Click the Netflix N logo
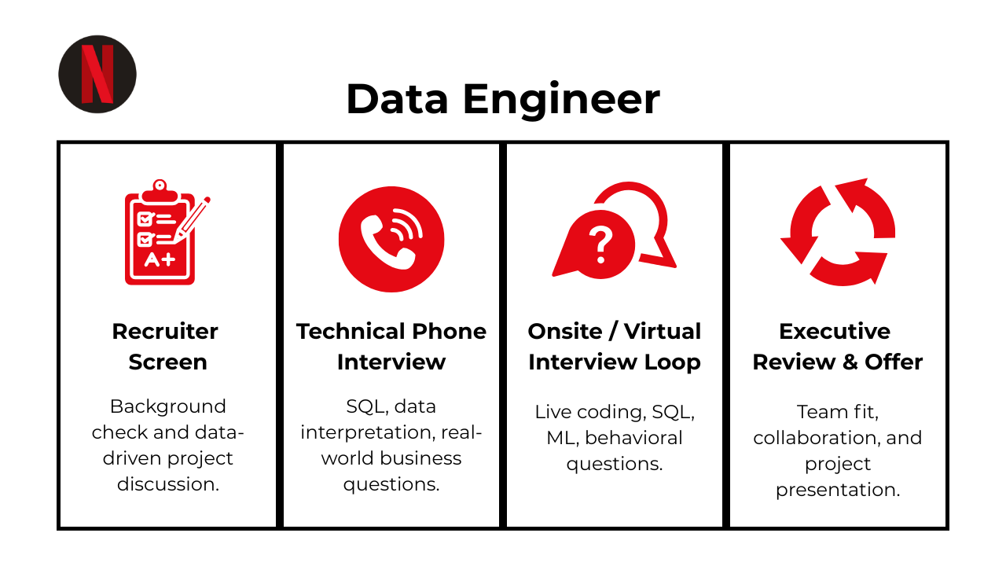tap(97, 74)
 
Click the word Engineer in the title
tap(560, 100)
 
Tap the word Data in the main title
tap(398, 100)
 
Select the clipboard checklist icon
tap(160, 233)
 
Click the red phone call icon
tap(391, 239)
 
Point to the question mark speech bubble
tap(601, 244)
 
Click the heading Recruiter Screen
tap(165, 346)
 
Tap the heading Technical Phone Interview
tap(391, 346)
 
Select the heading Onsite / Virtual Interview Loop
tap(615, 346)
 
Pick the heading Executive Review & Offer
tap(838, 346)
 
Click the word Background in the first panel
tap(167, 406)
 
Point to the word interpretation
tap(369, 432)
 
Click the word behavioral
tap(634, 438)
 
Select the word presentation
tap(838, 490)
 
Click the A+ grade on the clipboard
tap(160, 259)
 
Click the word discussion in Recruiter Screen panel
tap(167, 484)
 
